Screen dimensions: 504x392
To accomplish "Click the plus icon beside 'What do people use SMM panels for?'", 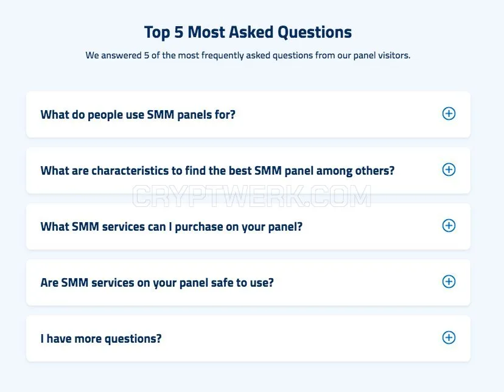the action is (449, 113).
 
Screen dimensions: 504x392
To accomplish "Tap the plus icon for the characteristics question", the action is (449, 170).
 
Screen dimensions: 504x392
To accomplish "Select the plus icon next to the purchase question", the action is (449, 226).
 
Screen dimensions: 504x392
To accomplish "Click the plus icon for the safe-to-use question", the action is (449, 281).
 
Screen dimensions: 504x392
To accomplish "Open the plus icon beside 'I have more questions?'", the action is (449, 338).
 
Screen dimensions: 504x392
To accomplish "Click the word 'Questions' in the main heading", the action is (315, 32).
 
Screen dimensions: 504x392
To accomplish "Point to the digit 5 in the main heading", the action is (179, 32).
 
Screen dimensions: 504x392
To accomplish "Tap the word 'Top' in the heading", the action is (157, 33).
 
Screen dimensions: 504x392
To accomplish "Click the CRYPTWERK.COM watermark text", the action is (251, 196).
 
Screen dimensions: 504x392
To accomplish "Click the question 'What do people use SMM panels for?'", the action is (138, 114).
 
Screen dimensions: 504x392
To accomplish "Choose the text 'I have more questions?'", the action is (101, 338).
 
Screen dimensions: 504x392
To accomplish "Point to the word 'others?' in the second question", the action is (375, 170).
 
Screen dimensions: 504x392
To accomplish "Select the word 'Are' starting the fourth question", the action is (49, 283).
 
